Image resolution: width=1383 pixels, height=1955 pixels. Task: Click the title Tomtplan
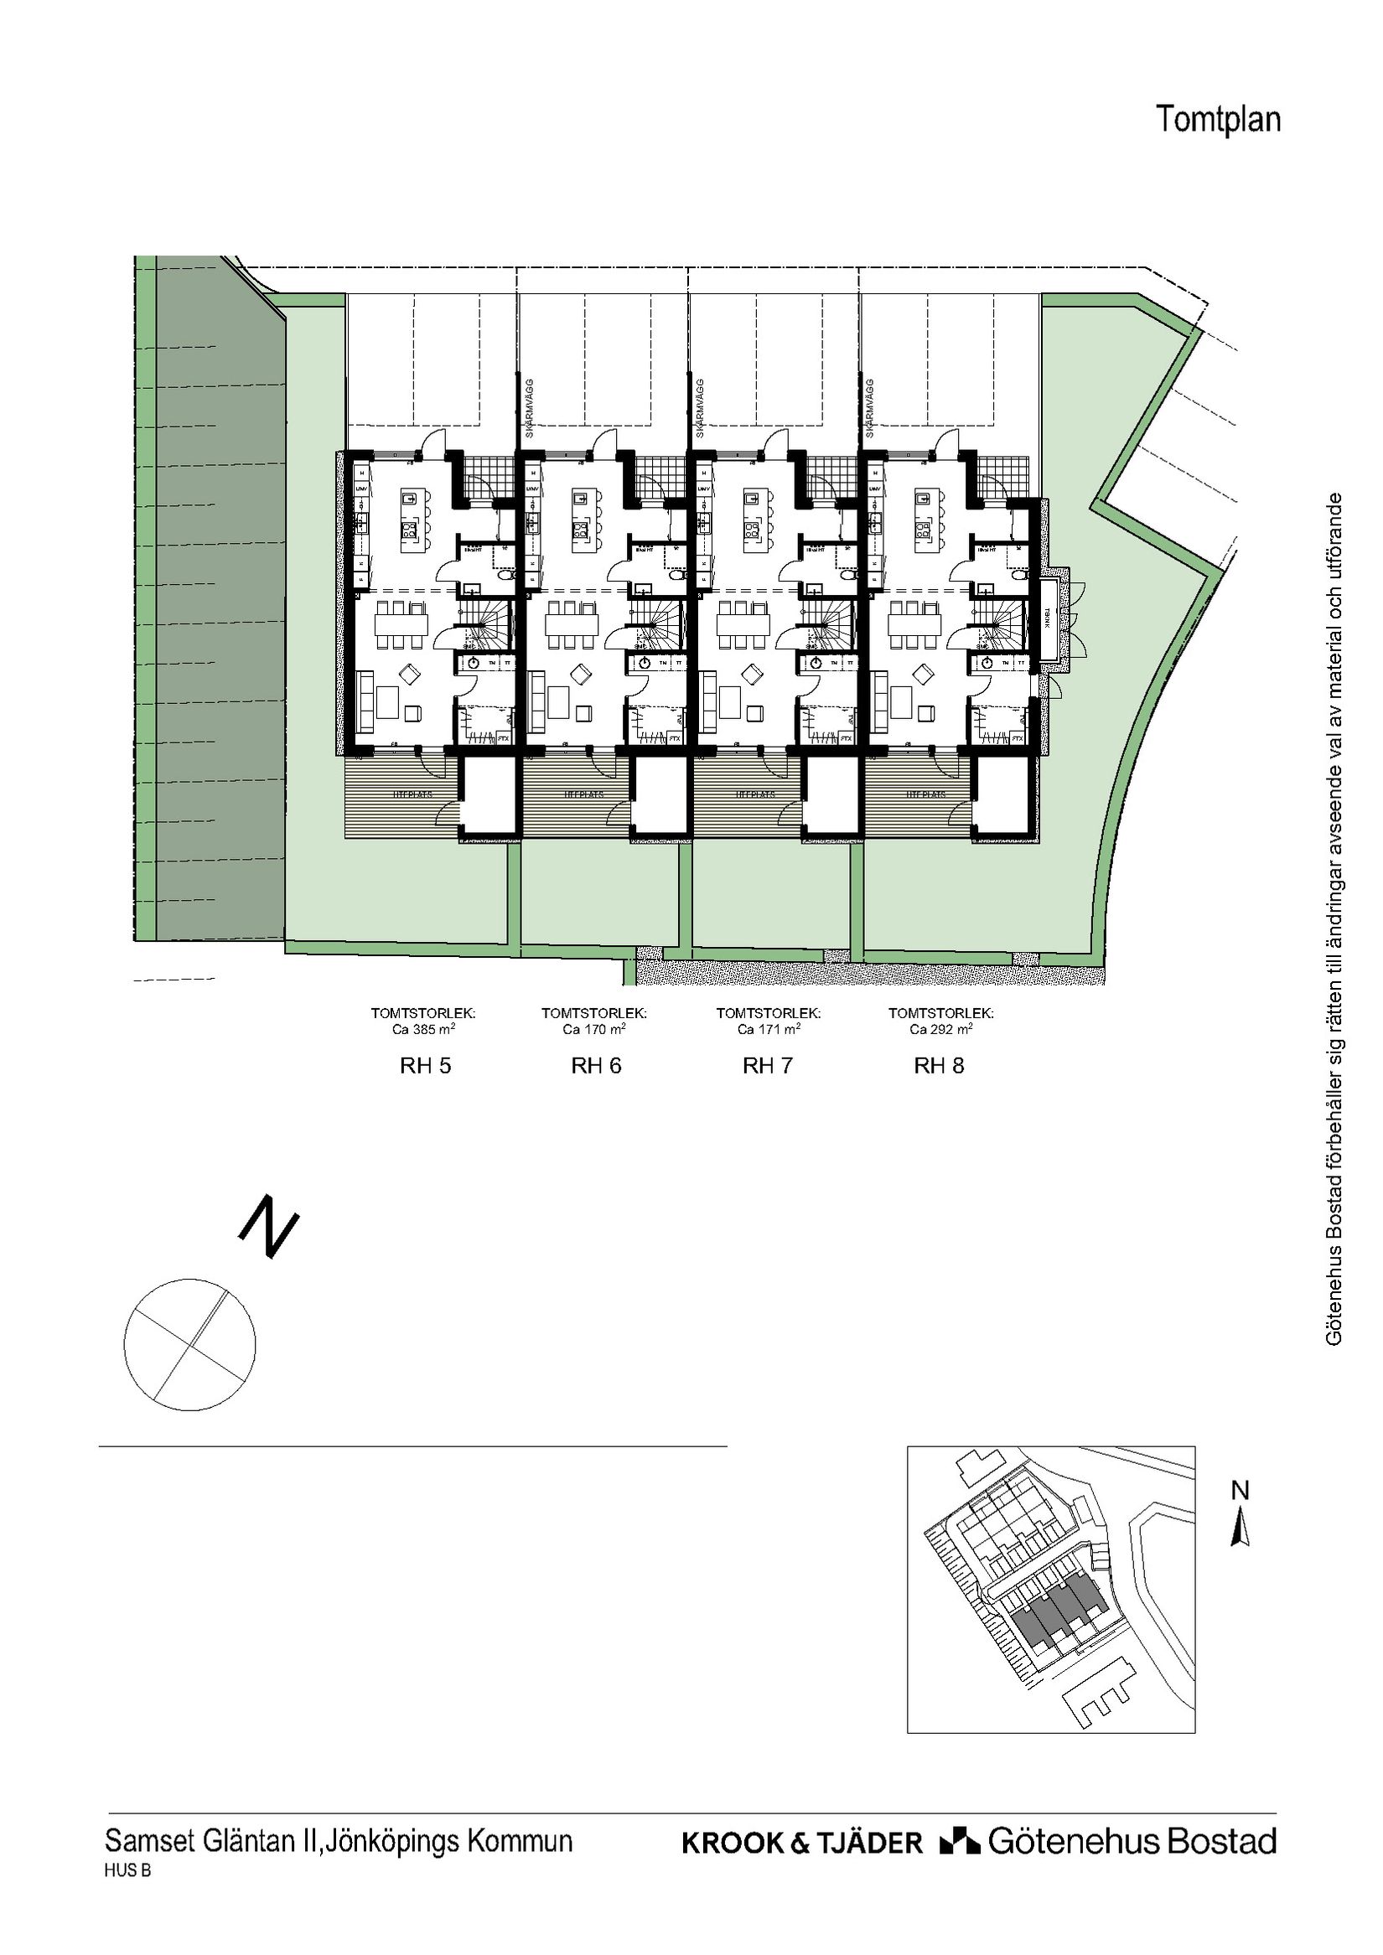click(x=1218, y=119)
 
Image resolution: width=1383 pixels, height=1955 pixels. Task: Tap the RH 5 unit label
click(x=425, y=1065)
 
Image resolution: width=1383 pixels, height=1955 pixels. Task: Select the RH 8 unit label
click(x=939, y=1065)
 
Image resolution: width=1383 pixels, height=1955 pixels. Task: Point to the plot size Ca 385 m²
click(x=423, y=1028)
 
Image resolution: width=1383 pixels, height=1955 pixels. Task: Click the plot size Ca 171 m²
click(x=768, y=1028)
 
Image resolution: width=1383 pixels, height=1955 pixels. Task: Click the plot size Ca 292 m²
click(x=940, y=1028)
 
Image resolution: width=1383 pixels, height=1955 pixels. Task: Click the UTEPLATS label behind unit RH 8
click(x=926, y=794)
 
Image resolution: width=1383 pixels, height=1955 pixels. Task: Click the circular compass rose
click(x=190, y=1344)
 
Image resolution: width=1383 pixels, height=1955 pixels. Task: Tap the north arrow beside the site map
click(x=1241, y=1526)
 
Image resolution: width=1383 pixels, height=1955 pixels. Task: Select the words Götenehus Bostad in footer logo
click(x=1132, y=1842)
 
